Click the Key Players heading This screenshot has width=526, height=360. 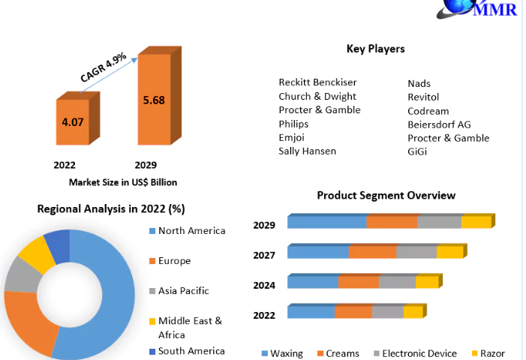pos(375,49)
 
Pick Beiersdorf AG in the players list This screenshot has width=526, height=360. pos(439,124)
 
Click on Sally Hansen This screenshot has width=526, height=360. pos(307,151)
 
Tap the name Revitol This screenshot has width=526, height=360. pos(423,97)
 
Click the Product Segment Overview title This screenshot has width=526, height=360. pos(386,195)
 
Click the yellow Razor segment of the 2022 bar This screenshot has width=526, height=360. pos(413,312)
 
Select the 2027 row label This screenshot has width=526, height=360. pos(264,255)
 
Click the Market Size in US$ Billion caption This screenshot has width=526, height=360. pos(123,182)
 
